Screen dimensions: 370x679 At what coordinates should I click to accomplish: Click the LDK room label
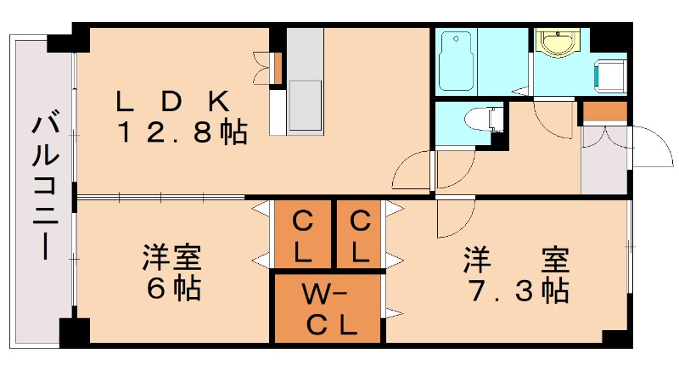tap(173, 102)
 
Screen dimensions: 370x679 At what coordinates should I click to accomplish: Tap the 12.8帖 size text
tap(182, 132)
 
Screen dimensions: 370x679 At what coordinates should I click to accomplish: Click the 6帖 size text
tap(173, 289)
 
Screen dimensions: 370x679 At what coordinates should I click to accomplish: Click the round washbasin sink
tap(558, 42)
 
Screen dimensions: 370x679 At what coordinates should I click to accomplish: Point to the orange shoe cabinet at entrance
tap(604, 111)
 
